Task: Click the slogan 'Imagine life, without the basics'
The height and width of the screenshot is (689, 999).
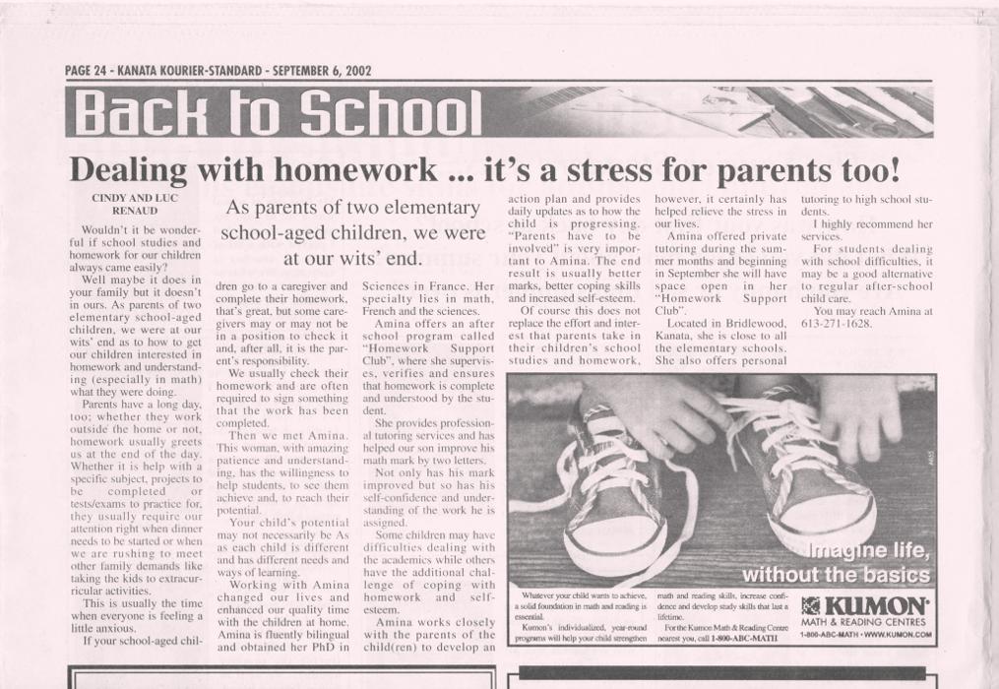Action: pos(836,562)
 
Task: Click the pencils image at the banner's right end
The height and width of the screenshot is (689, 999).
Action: pos(837,111)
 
